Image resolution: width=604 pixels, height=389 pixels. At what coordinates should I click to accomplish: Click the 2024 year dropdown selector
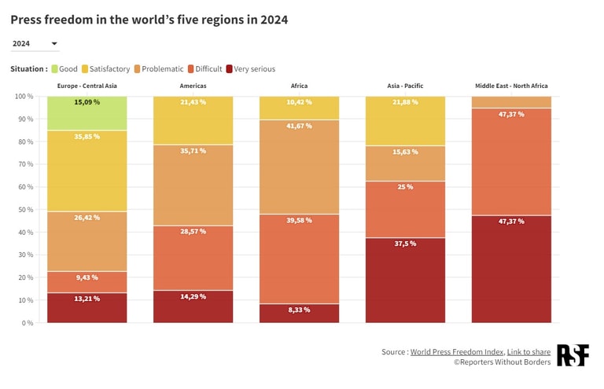(35, 44)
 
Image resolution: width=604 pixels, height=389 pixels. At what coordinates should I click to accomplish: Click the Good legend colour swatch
(54, 69)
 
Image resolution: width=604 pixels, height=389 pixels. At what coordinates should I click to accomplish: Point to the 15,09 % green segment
(87, 113)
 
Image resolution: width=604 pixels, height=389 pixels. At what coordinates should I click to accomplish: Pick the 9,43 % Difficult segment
(87, 282)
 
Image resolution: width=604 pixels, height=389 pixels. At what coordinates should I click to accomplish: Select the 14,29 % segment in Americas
(193, 306)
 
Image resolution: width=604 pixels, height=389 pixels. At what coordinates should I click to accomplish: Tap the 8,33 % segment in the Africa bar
(299, 313)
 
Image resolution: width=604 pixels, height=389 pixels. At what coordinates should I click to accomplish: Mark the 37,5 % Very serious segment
(405, 280)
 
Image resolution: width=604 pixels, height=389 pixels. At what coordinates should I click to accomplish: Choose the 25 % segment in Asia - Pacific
(405, 209)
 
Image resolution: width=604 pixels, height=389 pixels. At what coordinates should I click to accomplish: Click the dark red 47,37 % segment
(511, 269)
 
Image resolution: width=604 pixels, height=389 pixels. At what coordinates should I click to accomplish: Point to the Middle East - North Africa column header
(511, 86)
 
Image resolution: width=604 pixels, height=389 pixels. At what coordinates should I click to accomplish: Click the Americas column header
(193, 86)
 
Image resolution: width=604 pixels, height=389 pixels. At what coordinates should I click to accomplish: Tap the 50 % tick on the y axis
(24, 210)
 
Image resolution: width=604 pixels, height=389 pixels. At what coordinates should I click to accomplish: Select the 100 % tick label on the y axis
(23, 97)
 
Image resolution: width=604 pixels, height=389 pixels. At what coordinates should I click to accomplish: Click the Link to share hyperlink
(528, 352)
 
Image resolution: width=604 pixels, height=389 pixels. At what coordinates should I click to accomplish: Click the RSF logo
(573, 355)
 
